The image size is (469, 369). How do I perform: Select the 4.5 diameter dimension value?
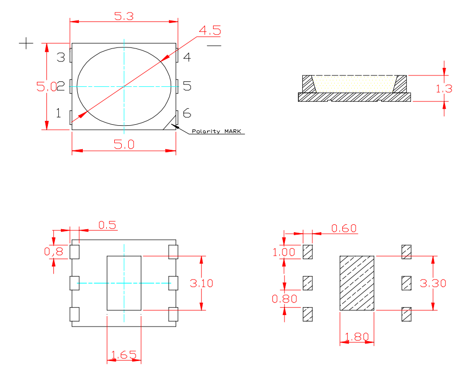[x=209, y=30]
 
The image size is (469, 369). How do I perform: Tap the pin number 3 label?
[x=61, y=57]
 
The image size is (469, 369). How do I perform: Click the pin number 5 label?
[x=187, y=86]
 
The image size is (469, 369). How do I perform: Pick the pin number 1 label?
[x=58, y=113]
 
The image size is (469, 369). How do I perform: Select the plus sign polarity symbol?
[x=26, y=43]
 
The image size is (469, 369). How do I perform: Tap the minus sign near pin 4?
[x=214, y=45]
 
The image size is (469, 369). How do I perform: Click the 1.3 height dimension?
[x=444, y=89]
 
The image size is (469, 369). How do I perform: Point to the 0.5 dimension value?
[x=107, y=225]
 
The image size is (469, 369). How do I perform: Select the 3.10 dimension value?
[x=202, y=283]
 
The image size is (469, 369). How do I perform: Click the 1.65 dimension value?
[x=124, y=355]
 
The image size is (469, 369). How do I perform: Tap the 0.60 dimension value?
[x=344, y=228]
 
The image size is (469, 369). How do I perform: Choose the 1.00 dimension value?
[x=284, y=252]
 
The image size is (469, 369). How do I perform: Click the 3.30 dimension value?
[x=433, y=283]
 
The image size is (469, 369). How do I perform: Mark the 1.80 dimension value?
[x=356, y=337]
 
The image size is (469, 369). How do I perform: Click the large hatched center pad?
[x=357, y=283]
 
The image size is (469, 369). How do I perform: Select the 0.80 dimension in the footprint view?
[x=284, y=299]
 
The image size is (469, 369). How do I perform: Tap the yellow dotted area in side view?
[x=355, y=83]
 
